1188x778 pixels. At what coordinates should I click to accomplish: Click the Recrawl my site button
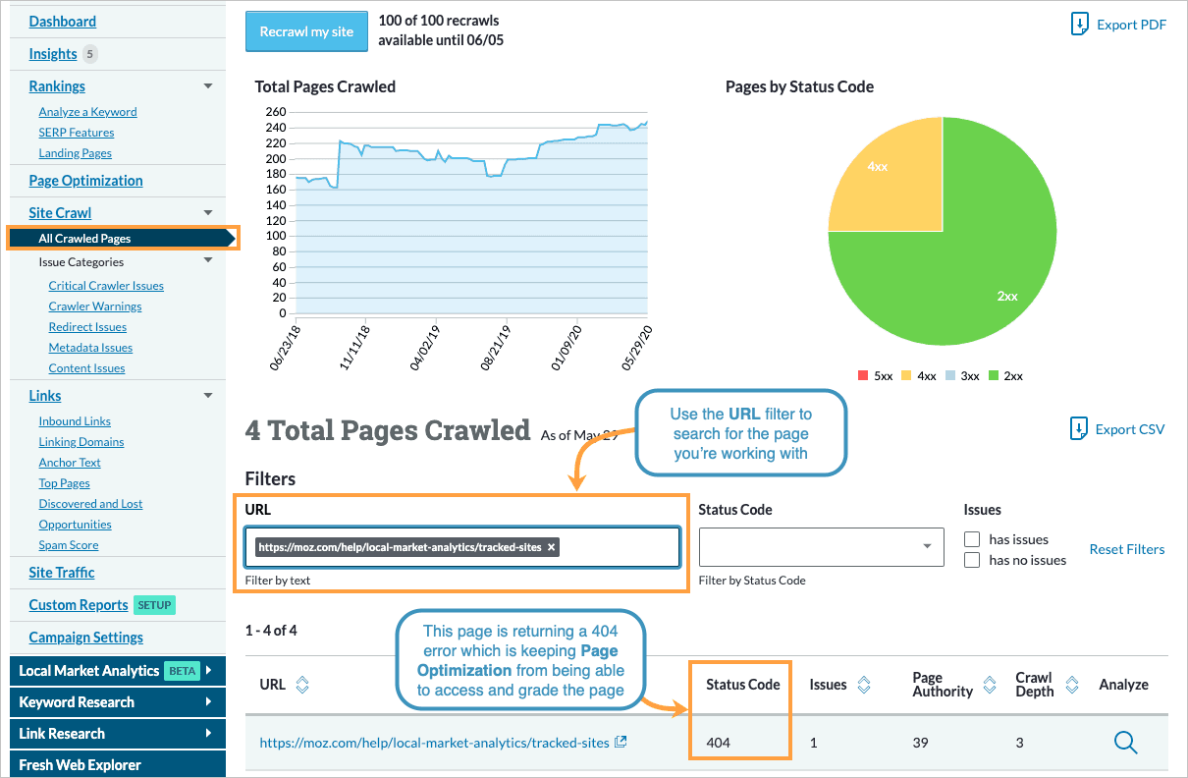coord(306,31)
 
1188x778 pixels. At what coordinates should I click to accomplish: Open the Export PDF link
coord(1119,25)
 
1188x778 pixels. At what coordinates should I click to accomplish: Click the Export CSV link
coord(1118,428)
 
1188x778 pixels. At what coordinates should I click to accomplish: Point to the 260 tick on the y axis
coord(275,112)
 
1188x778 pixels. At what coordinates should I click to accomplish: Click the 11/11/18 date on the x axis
coord(354,347)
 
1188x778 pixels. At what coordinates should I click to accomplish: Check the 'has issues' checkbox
coord(972,539)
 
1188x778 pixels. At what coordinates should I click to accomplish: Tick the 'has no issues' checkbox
coord(972,560)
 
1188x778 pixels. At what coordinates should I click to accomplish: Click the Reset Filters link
coord(1126,549)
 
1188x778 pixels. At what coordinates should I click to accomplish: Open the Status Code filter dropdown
coord(820,547)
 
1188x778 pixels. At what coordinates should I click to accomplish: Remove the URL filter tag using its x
coord(551,547)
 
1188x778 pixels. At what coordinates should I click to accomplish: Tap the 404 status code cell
coord(719,743)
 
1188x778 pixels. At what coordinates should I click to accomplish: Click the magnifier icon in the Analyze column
coord(1125,743)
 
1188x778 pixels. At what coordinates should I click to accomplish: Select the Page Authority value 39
coord(920,743)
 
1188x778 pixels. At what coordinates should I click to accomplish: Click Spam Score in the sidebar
coord(69,545)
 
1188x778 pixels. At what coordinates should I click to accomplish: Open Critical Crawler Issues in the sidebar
coord(106,286)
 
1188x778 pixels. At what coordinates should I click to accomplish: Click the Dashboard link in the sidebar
coord(62,22)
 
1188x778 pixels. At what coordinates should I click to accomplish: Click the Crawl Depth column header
coord(1034,685)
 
